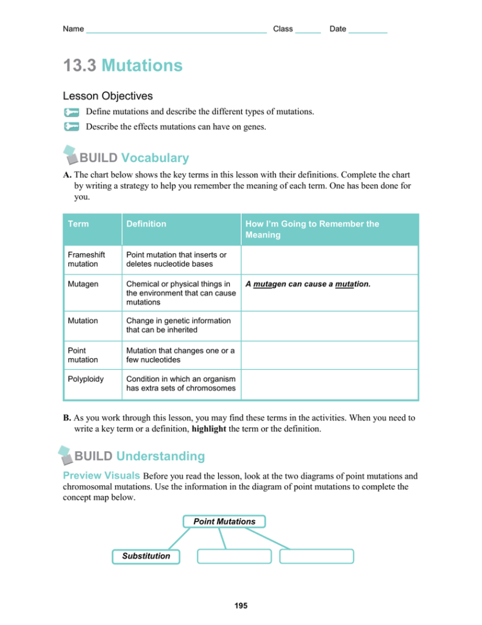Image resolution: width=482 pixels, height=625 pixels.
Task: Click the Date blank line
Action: [x=367, y=30]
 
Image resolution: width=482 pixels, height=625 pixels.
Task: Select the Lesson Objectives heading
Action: [x=107, y=96]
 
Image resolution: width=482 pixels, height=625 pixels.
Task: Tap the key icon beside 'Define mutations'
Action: [x=71, y=112]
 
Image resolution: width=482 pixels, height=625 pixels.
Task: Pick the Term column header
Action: [x=79, y=224]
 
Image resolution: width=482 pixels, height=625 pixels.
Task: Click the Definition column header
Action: [x=146, y=224]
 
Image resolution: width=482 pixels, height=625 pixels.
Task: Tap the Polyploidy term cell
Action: [x=86, y=380]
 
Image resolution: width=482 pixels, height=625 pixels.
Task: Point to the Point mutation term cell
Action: [x=83, y=355]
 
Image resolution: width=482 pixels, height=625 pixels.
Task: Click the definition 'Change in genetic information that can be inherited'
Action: [x=178, y=325]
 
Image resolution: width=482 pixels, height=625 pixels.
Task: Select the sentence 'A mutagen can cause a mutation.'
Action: [x=308, y=284]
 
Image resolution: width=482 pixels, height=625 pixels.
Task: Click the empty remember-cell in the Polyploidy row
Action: [x=329, y=384]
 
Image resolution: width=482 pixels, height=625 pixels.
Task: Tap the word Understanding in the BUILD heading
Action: [x=160, y=457]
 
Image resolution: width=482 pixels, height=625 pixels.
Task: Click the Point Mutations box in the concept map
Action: [x=224, y=522]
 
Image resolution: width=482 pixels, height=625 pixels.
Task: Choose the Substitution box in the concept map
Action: [x=146, y=556]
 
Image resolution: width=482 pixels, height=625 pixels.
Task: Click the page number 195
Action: [x=241, y=606]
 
